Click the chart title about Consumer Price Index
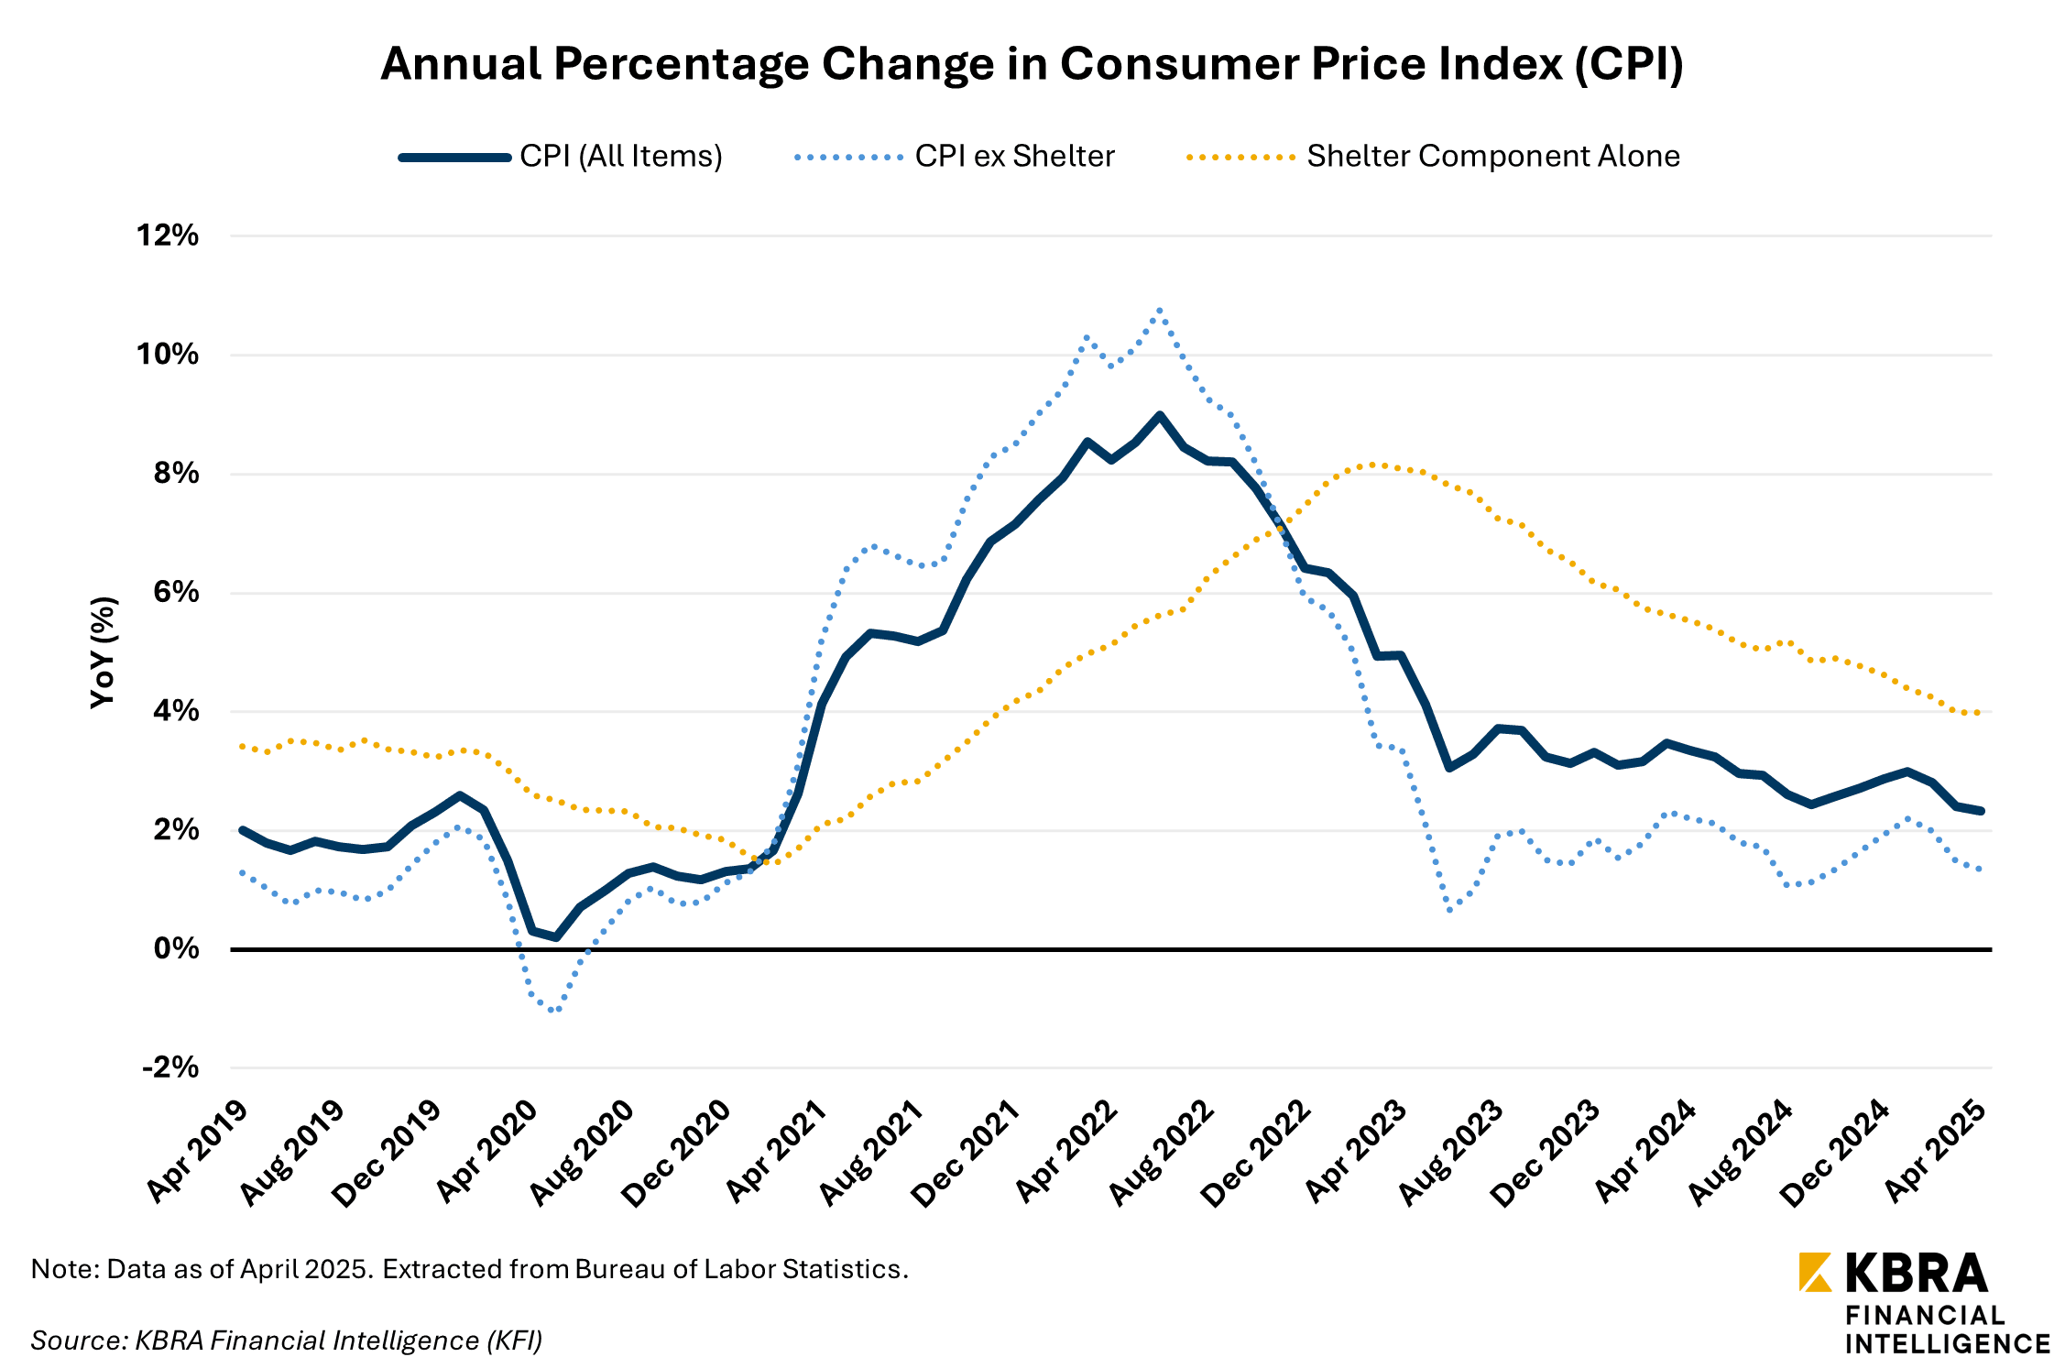[x=1032, y=64]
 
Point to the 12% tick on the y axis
[x=168, y=235]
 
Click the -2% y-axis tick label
[x=170, y=1067]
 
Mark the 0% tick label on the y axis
[x=176, y=948]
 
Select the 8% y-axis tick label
[x=176, y=474]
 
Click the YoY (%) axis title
[x=104, y=651]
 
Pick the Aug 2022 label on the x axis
[x=1163, y=1153]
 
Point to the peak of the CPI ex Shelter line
[x=1160, y=311]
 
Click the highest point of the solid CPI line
[x=1160, y=415]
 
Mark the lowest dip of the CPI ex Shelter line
[x=553, y=1010]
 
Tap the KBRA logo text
[x=1916, y=1273]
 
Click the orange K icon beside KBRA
[x=1815, y=1272]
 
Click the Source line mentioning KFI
[x=287, y=1341]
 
